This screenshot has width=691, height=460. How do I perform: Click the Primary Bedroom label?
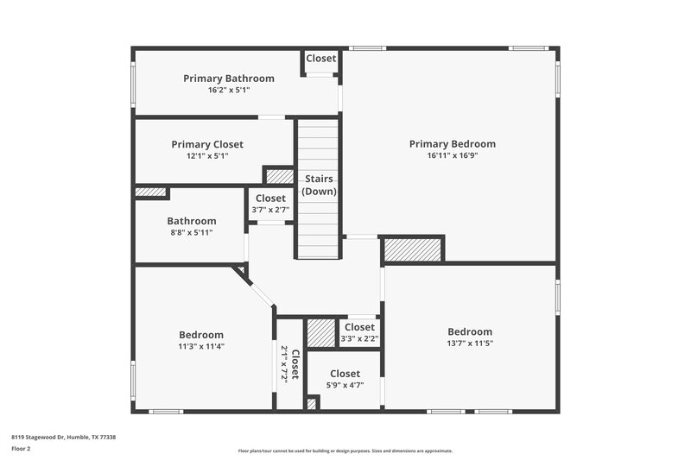point(452,144)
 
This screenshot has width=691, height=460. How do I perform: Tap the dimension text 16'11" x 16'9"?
point(452,156)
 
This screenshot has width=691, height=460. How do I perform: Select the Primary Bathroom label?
point(228,79)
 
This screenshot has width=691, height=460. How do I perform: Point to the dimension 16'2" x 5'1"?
point(228,90)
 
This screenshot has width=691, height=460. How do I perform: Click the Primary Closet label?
point(207,144)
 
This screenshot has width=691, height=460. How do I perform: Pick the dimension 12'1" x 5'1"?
point(207,156)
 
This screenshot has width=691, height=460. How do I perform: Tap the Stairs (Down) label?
point(319,185)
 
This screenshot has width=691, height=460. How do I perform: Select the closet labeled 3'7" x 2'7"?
point(270,204)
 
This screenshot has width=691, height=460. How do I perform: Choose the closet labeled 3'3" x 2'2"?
point(358,332)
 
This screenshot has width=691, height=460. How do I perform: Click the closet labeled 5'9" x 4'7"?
point(344,379)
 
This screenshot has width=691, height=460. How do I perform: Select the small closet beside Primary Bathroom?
point(320,59)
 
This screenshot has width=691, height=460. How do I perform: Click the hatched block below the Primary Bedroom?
point(412,249)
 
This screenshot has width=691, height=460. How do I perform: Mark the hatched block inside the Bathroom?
point(150,192)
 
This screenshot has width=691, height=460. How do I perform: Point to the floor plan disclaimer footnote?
point(345,451)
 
